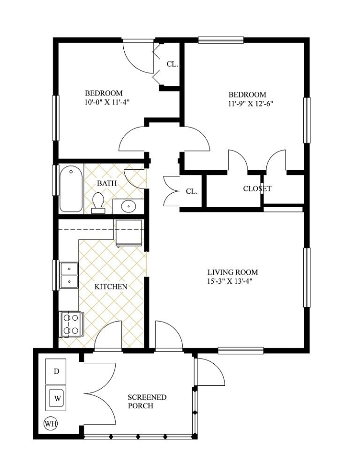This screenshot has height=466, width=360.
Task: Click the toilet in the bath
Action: tap(98, 203)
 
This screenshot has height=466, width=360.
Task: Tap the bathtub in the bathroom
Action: tap(71, 189)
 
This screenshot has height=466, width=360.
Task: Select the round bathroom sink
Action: tap(128, 206)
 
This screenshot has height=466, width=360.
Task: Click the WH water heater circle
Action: tap(51, 424)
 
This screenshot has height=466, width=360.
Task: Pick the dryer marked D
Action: tap(56, 371)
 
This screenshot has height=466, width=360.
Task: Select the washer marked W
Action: tap(57, 398)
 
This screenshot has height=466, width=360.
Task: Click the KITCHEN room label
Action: tap(111, 286)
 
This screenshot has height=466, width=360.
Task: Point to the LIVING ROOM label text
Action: tap(233, 272)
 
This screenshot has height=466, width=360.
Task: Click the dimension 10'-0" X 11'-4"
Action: tap(104, 101)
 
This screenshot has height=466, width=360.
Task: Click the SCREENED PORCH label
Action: tap(147, 401)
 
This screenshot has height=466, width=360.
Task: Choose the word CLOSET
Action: tap(257, 189)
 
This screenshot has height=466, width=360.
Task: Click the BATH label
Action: tap(106, 182)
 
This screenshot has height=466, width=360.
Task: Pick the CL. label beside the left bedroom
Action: tap(172, 64)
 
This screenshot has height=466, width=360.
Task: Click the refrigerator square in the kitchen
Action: tap(129, 233)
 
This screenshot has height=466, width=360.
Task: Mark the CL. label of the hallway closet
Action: tap(191, 191)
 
